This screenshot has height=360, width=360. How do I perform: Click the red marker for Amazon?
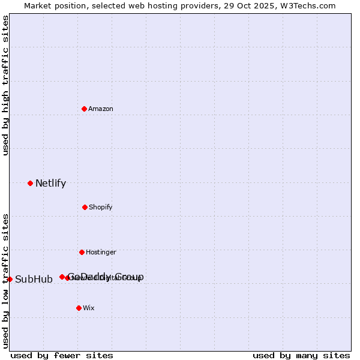[84, 109]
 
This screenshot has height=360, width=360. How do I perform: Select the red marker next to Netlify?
[30, 183]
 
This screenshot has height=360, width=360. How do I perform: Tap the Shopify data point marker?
[85, 207]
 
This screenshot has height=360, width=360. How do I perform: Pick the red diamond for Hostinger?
[82, 252]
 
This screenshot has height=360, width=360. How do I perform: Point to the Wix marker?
[79, 308]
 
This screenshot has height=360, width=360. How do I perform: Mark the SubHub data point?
[10, 279]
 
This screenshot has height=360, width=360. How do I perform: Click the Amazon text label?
[101, 109]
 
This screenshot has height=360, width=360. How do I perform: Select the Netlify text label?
[50, 184]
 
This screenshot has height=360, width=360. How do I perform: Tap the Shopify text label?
[101, 207]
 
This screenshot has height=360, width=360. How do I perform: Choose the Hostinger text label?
[101, 252]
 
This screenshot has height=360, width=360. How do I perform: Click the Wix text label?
[89, 308]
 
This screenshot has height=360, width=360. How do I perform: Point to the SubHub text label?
[34, 280]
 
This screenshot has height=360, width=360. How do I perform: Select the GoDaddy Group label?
[106, 277]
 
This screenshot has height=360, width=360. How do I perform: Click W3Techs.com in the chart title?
[307, 5]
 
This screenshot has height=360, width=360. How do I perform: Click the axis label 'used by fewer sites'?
[62, 355]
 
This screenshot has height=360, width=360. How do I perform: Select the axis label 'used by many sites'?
[301, 355]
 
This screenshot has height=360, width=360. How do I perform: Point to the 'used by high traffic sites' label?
[5, 85]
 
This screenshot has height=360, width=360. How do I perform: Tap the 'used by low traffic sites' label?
[5, 280]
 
